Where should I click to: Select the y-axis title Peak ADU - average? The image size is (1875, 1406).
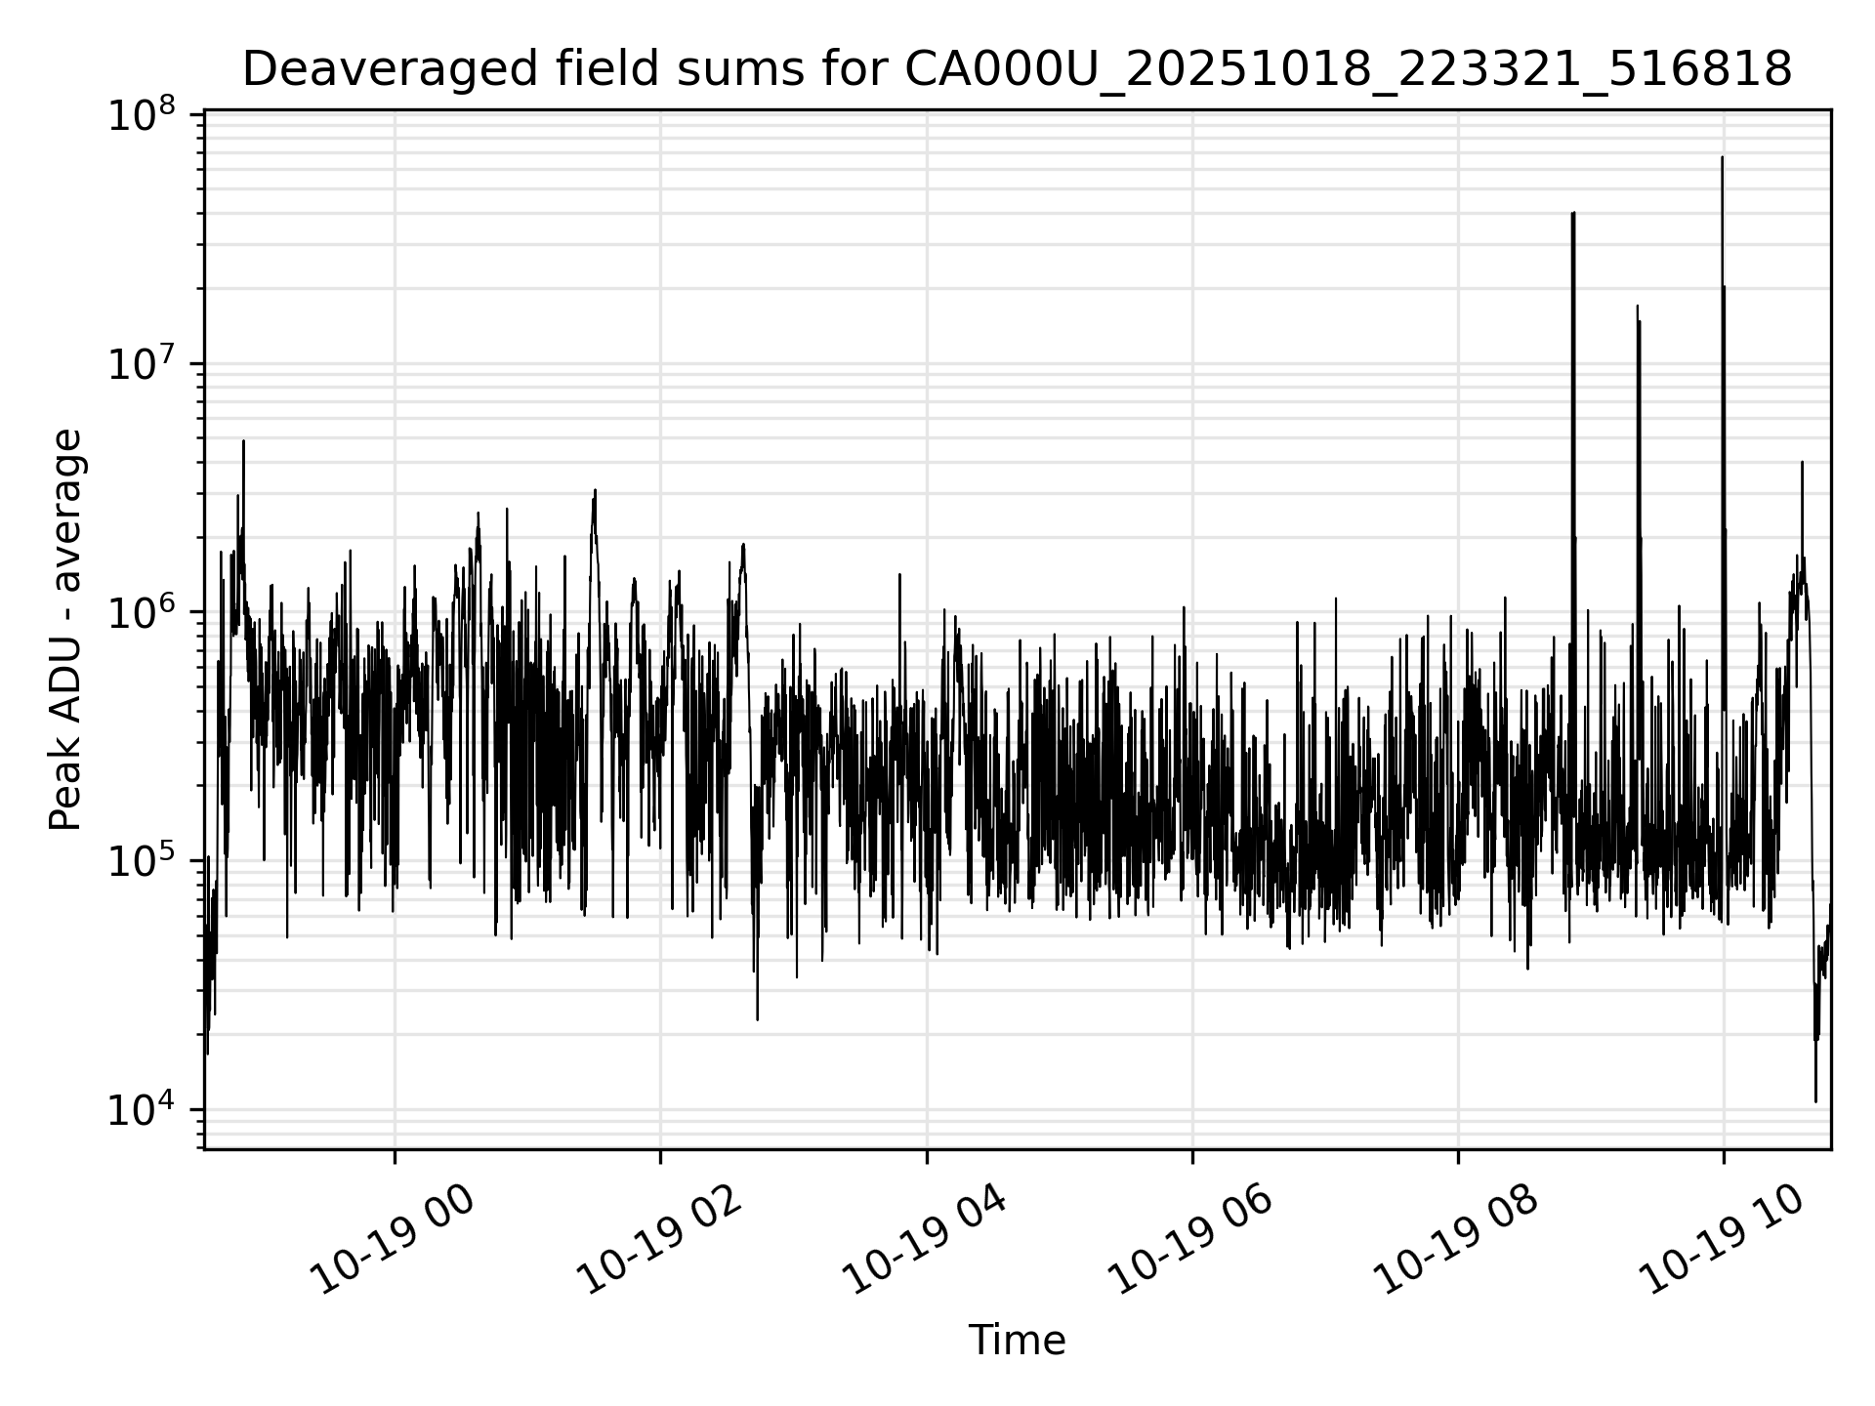click(66, 630)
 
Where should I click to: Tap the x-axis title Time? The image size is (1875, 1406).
click(1016, 1341)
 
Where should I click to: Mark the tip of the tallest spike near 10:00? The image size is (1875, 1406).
click(1722, 157)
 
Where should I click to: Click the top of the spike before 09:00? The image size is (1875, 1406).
click(1573, 213)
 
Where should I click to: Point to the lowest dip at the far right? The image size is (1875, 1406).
click(1815, 1101)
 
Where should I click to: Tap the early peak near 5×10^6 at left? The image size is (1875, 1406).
click(243, 441)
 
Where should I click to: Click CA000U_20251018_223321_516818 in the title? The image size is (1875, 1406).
click(1348, 70)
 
